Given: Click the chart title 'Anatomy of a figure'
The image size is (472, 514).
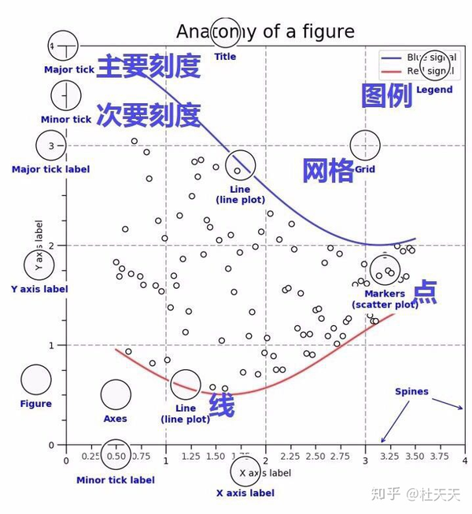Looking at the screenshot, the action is coord(265,31).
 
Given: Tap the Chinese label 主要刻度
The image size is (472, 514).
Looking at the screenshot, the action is coord(148,68).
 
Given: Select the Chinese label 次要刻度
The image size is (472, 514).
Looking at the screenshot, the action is coord(148,116).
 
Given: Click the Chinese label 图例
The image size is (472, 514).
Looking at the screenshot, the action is coord(386,96).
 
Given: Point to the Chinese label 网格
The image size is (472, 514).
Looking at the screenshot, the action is coord(328,170).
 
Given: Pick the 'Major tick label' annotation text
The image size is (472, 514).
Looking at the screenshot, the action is coord(50,169).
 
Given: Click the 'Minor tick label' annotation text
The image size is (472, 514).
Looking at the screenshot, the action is coord(116,480).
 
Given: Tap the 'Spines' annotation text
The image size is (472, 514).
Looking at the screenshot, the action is coord(412,391).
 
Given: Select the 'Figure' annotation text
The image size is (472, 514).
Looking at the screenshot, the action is coord(35,404).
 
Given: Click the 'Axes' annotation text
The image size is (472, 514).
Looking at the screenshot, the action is coord(115,419).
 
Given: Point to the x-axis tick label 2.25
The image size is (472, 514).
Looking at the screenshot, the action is coord(291,457).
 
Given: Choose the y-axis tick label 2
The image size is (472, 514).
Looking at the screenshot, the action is coord(51,246).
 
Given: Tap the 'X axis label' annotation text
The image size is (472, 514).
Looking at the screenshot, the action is coord(245,493).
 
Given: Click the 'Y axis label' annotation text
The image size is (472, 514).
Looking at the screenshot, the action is coord(39,289).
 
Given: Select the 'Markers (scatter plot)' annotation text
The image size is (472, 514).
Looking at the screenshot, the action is coord(385,299).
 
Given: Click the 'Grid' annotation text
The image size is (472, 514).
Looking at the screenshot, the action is coord(365,169).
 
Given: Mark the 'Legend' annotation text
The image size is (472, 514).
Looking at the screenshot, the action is coord(434,90).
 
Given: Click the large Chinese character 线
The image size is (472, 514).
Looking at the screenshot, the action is coord(221,405).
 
